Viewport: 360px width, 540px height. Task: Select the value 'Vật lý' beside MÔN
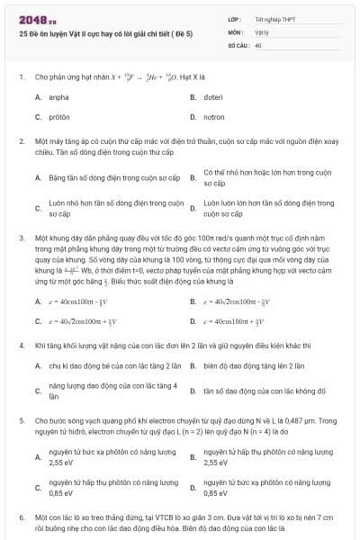[262, 31]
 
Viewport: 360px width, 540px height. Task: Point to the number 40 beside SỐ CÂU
[258, 44]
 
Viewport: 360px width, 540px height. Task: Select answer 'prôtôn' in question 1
[59, 117]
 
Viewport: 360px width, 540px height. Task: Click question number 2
[22, 142]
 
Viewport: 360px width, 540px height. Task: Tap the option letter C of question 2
[38, 209]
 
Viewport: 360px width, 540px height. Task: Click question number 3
[22, 238]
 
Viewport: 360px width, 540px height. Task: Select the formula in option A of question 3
[86, 301]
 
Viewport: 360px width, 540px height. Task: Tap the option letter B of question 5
[193, 457]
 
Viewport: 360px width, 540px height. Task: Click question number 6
[22, 518]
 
